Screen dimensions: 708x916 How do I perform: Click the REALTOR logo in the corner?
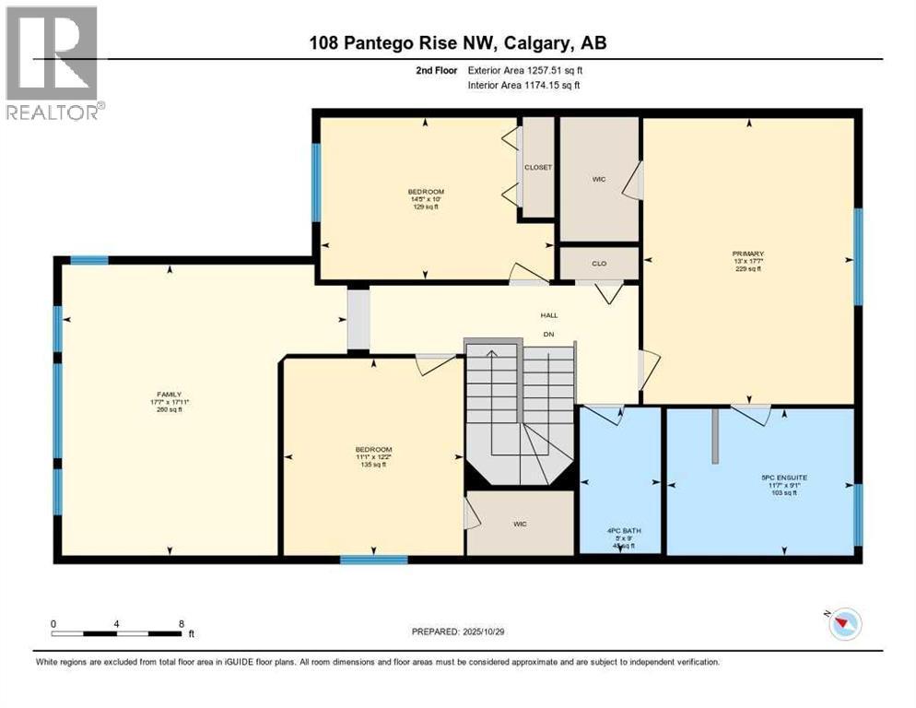tap(52, 62)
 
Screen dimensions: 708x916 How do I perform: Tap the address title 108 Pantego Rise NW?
tap(457, 42)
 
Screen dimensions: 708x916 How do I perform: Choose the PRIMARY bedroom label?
tap(748, 254)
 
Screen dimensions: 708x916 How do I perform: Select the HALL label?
tap(548, 315)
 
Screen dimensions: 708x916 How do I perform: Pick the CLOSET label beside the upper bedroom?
tap(537, 167)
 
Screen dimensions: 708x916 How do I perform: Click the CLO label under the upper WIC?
tap(599, 263)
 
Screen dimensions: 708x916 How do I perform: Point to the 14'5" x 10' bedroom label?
tap(425, 197)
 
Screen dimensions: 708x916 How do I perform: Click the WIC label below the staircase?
tap(520, 524)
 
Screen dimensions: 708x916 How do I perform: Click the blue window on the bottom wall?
tap(373, 559)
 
